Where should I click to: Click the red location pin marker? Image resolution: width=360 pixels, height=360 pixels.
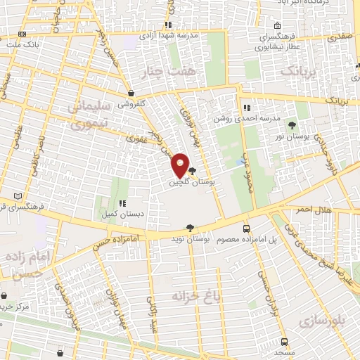(x=180, y=165)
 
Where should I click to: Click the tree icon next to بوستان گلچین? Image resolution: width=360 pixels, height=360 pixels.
(x=193, y=170)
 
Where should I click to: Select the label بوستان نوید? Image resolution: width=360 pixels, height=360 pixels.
(x=191, y=239)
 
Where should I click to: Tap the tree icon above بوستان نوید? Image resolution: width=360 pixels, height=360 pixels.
(x=190, y=228)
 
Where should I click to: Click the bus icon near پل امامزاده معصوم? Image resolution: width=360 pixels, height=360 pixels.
(x=246, y=229)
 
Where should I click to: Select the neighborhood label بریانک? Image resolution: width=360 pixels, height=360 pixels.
(x=300, y=72)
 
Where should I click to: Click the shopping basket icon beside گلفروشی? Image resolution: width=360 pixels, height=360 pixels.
(x=131, y=93)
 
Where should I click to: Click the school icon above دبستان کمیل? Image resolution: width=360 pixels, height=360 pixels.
(x=122, y=202)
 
